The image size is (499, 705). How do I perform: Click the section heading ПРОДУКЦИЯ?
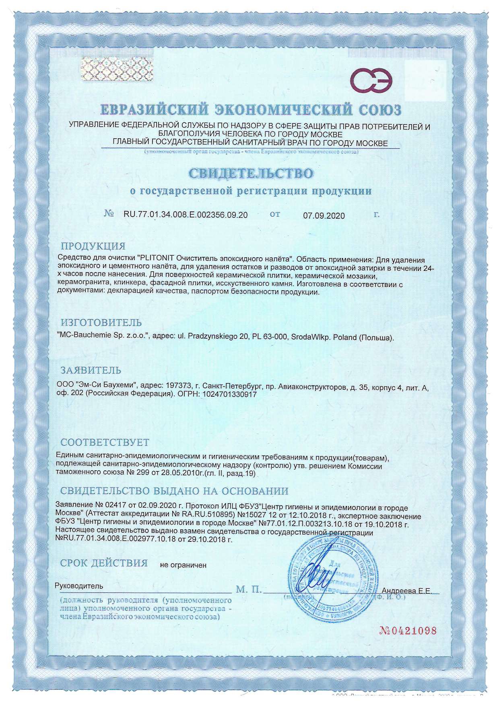pyautogui.click(x=93, y=246)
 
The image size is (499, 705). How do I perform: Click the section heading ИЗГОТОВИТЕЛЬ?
pyautogui.click(x=101, y=323)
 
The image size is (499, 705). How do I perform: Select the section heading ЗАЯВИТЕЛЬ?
pyautogui.click(x=91, y=370)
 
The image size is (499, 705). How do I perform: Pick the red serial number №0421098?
pyautogui.click(x=408, y=630)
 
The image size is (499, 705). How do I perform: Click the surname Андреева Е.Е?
pyautogui.click(x=406, y=591)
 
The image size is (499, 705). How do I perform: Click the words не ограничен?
pyautogui.click(x=183, y=565)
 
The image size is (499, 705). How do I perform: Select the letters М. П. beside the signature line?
pyautogui.click(x=249, y=590)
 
